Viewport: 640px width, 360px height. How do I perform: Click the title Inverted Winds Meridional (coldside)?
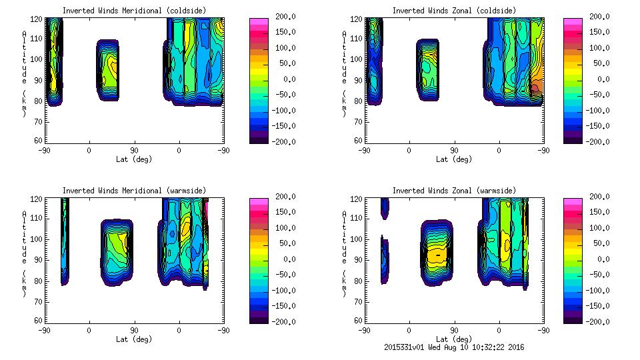134,11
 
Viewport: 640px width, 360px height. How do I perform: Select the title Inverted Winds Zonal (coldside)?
454,11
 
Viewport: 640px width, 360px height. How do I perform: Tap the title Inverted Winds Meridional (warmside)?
134,191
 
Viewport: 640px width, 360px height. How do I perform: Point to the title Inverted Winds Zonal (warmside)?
454,191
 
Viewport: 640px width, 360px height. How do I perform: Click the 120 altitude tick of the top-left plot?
39,18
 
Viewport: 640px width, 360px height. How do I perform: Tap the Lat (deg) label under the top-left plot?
134,159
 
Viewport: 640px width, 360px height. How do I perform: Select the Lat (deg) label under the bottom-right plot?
454,339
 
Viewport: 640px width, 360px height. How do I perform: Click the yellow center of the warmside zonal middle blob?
437,255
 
